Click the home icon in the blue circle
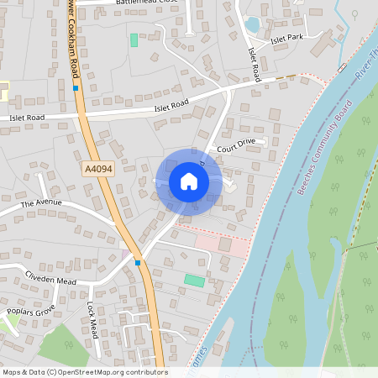(x=188, y=181)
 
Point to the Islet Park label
(x=286, y=38)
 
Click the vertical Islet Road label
(x=254, y=64)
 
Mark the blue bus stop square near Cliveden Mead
(x=138, y=263)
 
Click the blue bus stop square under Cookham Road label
(x=76, y=87)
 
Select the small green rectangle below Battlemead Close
(x=134, y=39)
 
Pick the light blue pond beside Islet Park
(x=252, y=24)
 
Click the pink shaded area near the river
(x=223, y=244)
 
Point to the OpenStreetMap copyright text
(x=84, y=372)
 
